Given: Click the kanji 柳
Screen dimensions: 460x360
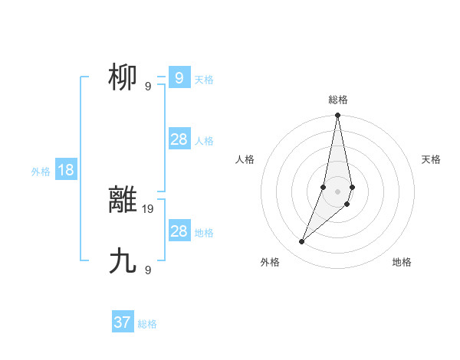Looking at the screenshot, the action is [123, 77].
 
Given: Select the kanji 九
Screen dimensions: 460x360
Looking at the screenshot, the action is [123, 261].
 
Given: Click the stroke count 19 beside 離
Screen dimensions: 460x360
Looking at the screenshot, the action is [148, 208].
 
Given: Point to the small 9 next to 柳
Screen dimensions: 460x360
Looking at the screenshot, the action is [147, 87].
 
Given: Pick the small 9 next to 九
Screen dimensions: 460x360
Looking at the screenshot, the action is [147, 270].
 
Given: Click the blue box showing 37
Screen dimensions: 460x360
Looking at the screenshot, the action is [123, 322].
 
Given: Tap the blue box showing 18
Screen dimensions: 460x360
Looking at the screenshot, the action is [66, 170].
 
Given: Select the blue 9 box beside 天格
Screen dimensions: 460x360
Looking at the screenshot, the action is [179, 77].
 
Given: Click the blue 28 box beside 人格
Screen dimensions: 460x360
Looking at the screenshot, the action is [179, 139].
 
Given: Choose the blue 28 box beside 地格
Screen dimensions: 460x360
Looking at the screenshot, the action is [179, 231].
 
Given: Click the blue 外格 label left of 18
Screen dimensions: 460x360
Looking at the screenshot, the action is [41, 172].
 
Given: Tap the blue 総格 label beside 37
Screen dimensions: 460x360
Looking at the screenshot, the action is [147, 324].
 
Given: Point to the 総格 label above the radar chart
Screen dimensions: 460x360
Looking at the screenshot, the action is [337, 100].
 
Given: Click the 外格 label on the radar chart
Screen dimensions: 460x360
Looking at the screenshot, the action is [269, 263].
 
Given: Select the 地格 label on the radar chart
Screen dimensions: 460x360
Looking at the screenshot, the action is [402, 263].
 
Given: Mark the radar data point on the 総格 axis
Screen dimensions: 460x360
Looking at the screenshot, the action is [337, 116].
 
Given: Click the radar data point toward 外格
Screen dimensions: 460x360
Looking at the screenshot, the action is [302, 242].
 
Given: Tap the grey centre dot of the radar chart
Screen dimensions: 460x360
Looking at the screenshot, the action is [337, 191].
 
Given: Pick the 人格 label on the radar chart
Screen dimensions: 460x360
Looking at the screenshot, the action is [245, 159].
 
